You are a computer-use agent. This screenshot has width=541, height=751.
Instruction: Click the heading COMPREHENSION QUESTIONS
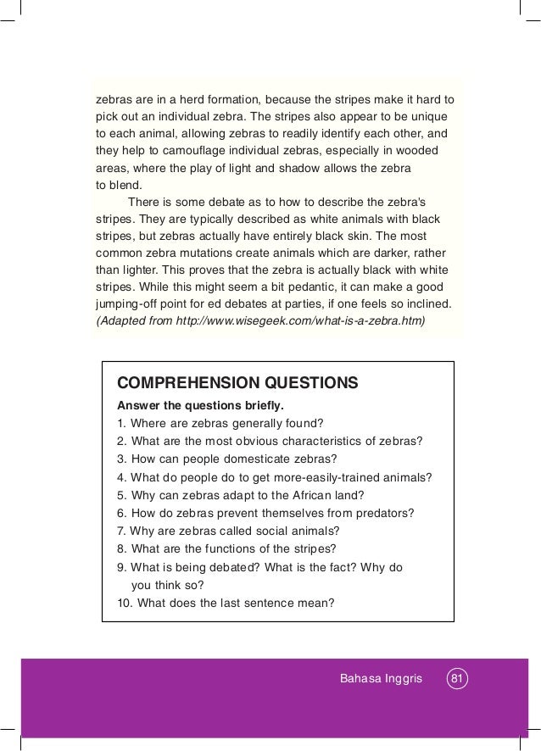tap(237, 382)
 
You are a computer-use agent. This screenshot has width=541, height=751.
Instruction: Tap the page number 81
tap(458, 679)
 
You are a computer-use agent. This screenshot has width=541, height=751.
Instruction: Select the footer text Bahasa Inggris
tap(380, 679)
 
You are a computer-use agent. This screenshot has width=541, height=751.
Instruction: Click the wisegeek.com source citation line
tap(259, 321)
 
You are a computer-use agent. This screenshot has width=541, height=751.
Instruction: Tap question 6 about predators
tap(265, 513)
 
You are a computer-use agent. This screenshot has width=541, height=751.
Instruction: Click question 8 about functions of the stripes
tap(226, 548)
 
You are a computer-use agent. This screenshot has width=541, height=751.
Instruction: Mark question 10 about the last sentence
tap(226, 604)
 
